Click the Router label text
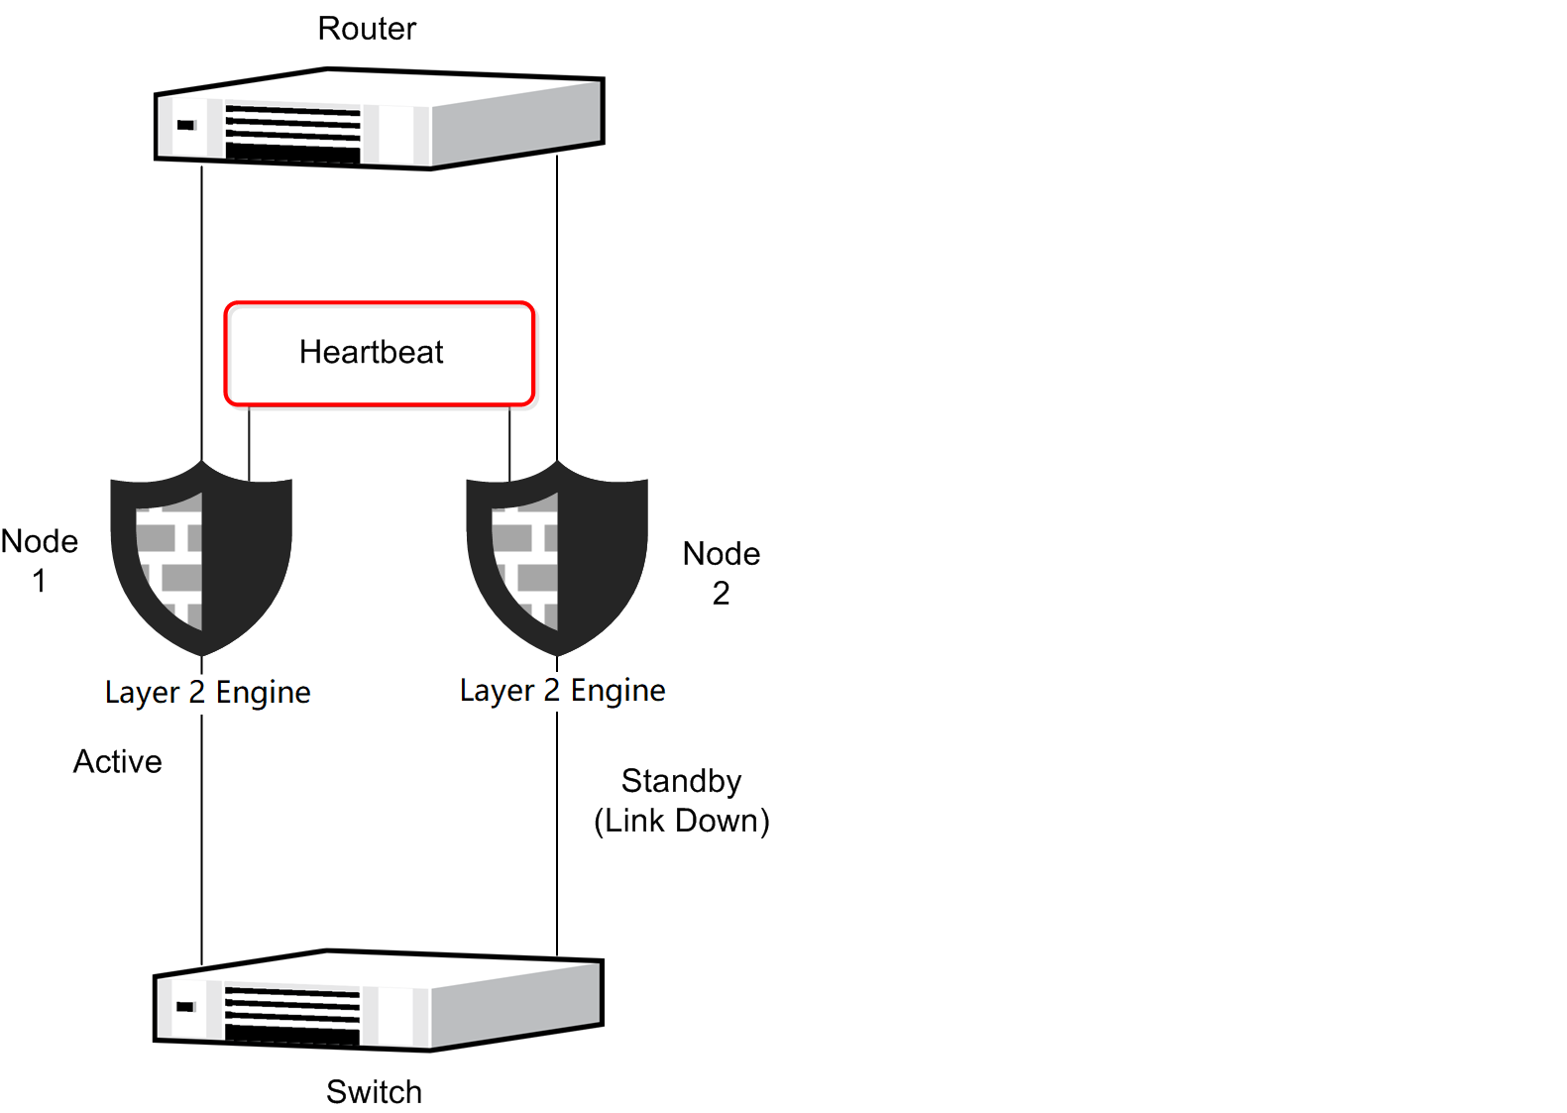367,29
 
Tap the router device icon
380,119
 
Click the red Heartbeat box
380,354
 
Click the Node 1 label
40,560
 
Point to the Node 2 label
722,573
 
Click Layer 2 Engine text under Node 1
208,692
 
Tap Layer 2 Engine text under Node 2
563,690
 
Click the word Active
118,761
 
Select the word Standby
681,781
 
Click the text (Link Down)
682,821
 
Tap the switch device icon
379,1001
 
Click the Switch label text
374,1091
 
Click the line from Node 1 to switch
202,842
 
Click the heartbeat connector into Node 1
249,443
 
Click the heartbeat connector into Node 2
509,443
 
